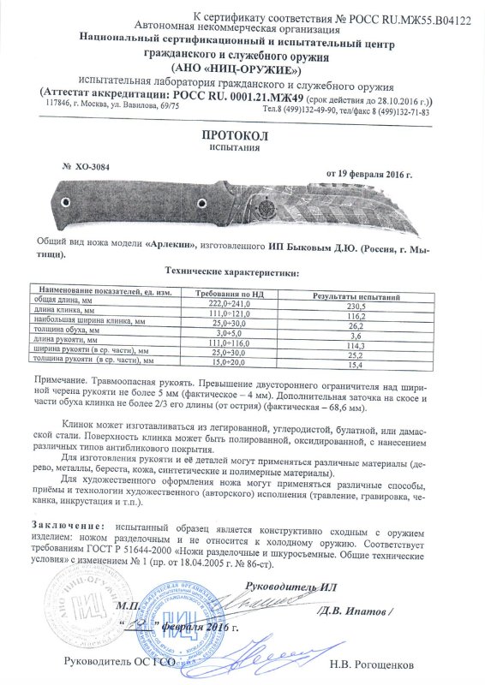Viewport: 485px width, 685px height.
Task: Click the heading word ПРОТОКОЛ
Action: [x=242, y=135]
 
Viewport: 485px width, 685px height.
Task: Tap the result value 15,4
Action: [x=352, y=366]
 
